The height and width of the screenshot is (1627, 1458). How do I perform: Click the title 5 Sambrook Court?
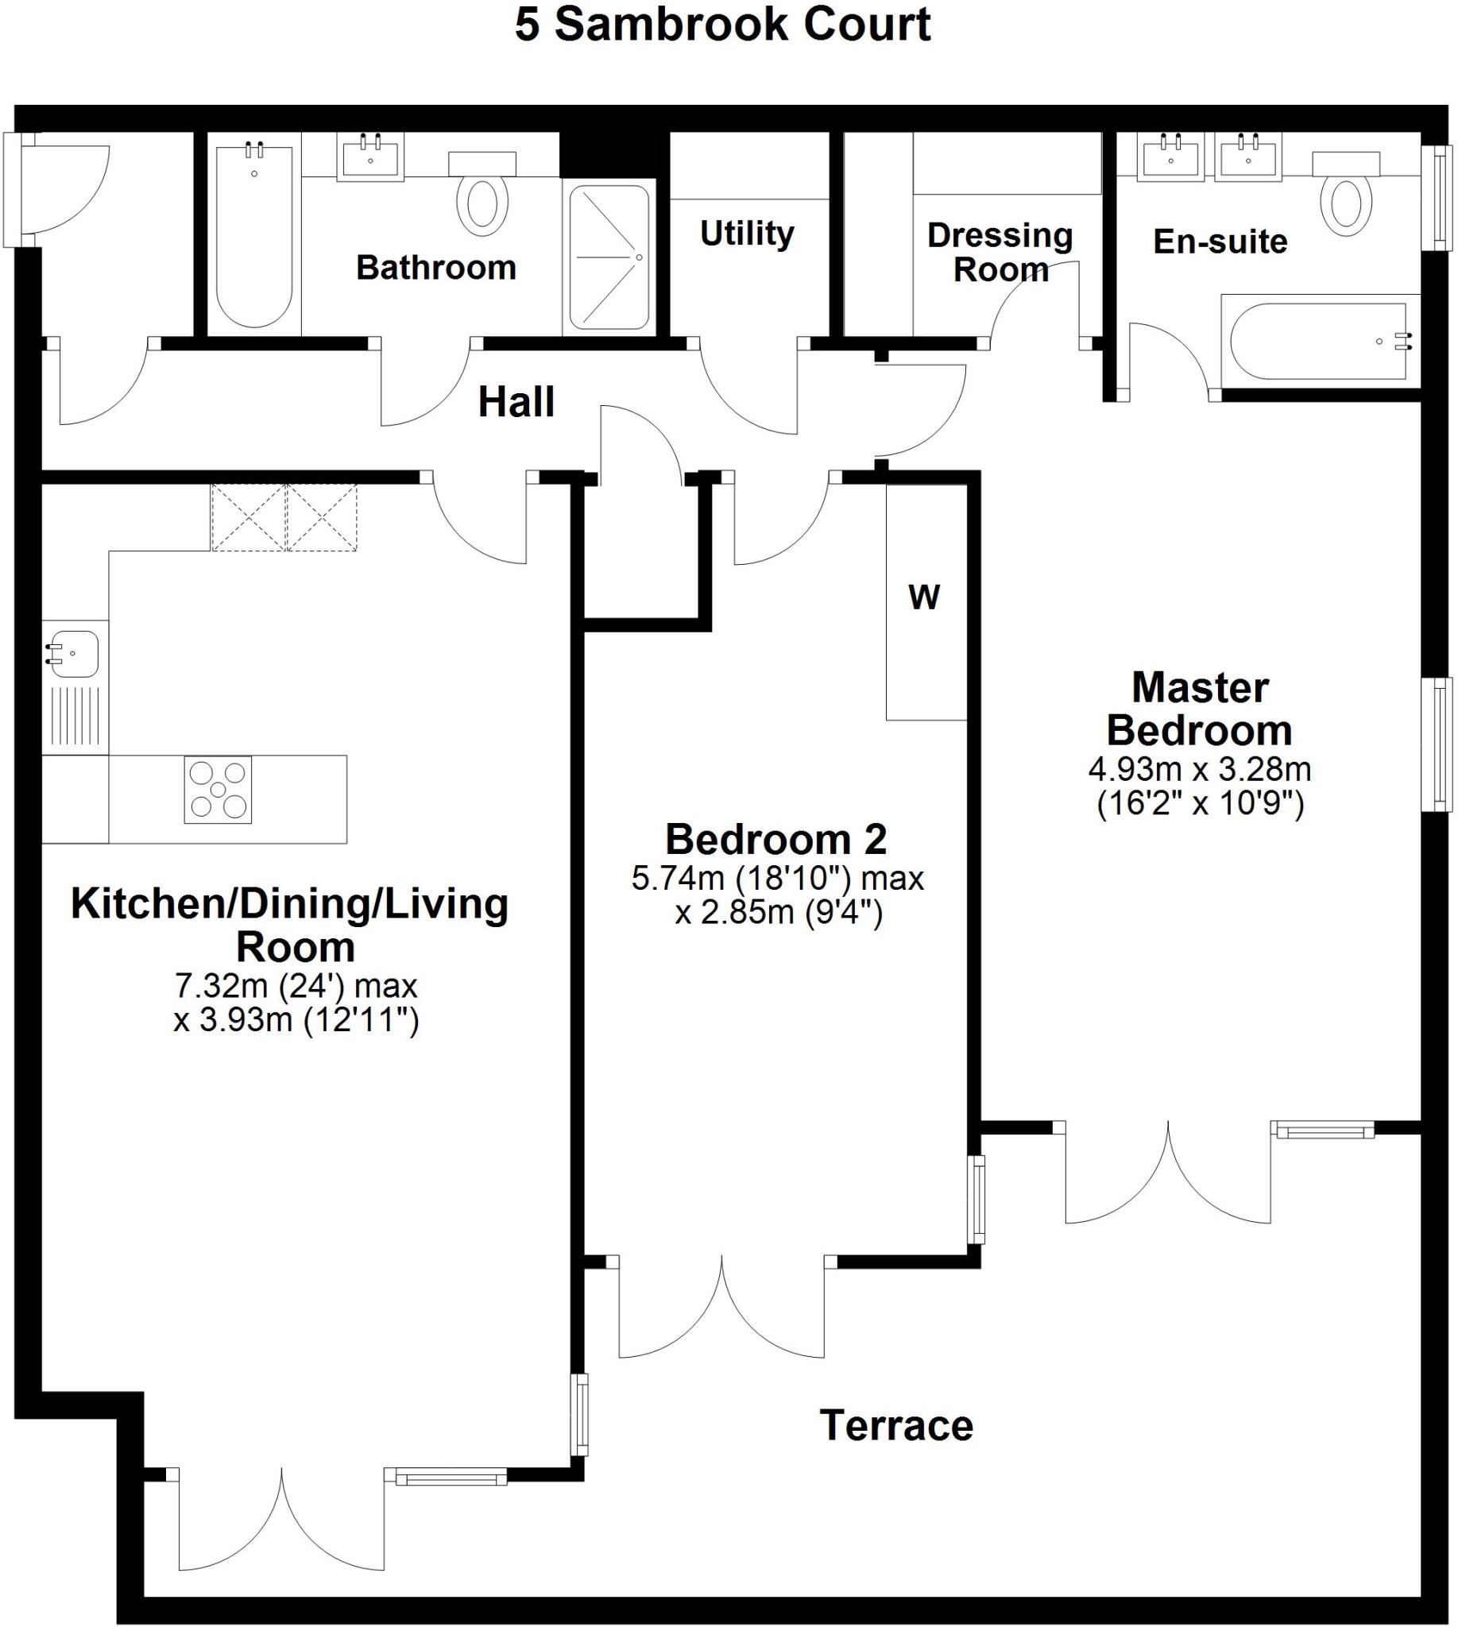click(x=721, y=25)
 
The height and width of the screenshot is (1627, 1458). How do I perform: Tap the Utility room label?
click(x=747, y=234)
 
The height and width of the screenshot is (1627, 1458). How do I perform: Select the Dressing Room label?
click(x=1000, y=253)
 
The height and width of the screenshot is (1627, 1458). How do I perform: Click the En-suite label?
click(x=1220, y=242)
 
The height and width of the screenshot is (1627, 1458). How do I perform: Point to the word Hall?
click(x=516, y=402)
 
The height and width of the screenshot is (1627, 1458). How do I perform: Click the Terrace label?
click(x=895, y=1426)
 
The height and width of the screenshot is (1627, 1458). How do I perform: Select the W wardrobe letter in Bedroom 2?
click(x=924, y=597)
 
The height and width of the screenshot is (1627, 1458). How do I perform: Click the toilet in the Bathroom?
click(x=482, y=202)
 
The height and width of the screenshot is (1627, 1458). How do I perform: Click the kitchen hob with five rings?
click(x=218, y=790)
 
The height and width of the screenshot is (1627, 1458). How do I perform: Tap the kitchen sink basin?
click(x=72, y=654)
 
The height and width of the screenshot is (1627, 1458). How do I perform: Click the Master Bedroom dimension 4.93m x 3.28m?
click(x=1199, y=770)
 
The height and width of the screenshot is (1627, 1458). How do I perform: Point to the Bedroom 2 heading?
click(x=775, y=840)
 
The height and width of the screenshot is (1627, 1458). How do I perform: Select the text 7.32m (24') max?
click(x=296, y=986)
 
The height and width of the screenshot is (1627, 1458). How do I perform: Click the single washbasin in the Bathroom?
click(x=370, y=157)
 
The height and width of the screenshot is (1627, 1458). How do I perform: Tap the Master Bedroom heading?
click(x=1199, y=709)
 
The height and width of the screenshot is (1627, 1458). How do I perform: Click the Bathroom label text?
click(x=435, y=268)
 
